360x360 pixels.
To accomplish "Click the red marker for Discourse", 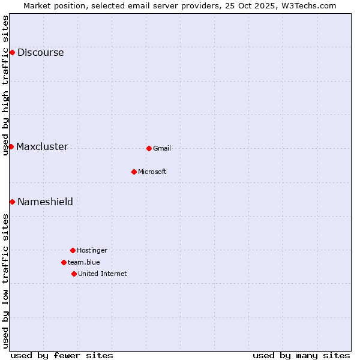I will [x=12, y=53].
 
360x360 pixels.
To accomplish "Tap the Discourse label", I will [x=40, y=53].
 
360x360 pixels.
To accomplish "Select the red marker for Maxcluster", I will [x=11, y=147].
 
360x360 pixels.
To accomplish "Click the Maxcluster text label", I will [x=42, y=147].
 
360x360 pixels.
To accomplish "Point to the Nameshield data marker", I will [x=12, y=202].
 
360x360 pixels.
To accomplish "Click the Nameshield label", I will [x=45, y=202].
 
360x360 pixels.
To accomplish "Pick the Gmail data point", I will [x=149, y=148].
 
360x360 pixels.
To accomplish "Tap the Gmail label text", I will [x=162, y=149].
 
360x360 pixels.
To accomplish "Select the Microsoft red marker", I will [x=134, y=172].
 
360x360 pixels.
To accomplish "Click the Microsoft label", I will [x=152, y=172].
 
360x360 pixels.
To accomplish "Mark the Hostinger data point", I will [x=73, y=250].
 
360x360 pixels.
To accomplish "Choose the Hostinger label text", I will [x=92, y=251].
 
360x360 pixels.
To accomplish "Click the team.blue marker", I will [x=64, y=262].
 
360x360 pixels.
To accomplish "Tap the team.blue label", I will [x=83, y=262].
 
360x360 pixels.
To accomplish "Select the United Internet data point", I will [x=74, y=274].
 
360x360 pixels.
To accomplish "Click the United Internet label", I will [x=102, y=274].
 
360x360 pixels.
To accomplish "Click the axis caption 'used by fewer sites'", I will [x=62, y=355].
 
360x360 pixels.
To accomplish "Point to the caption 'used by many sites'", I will [x=301, y=355].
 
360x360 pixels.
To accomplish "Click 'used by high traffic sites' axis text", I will [x=6, y=85].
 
